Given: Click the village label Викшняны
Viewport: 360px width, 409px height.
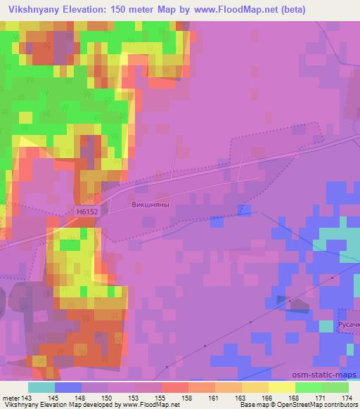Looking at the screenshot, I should click(x=150, y=206).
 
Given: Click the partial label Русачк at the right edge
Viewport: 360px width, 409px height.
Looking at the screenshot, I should click(x=348, y=325).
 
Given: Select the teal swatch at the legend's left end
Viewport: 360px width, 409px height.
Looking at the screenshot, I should click(x=41, y=387).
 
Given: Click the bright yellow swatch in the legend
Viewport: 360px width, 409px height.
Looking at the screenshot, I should click(x=282, y=387).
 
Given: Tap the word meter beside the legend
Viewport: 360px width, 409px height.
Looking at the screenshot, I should click(x=11, y=398).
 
